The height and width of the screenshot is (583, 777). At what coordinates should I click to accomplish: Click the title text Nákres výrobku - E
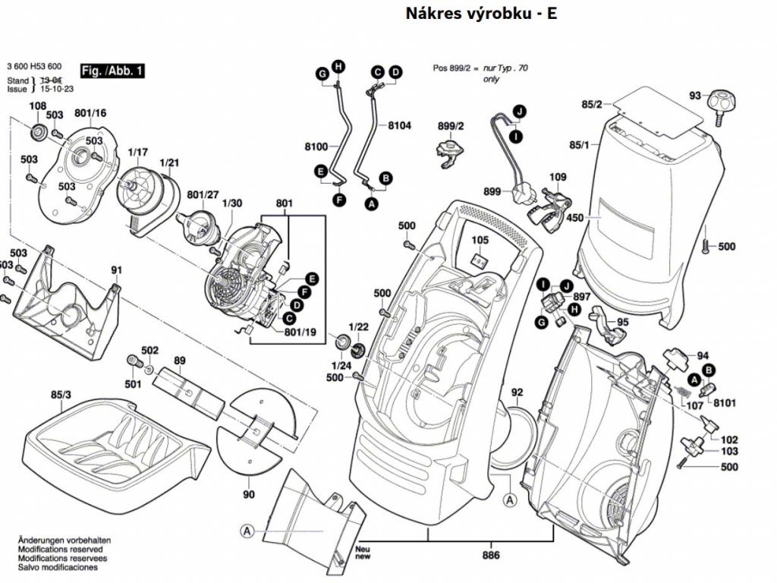pos(481,14)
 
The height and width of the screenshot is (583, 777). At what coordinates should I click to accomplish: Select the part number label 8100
pos(315,146)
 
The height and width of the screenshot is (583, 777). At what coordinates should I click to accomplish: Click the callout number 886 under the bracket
pos(490,555)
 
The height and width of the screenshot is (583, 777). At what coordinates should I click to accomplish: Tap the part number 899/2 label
pos(451,125)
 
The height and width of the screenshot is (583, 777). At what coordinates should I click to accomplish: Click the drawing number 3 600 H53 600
pos(34,66)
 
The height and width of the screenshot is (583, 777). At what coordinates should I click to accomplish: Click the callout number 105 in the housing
pos(480,241)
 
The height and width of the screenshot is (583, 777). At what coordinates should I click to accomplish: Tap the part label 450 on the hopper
pos(574,218)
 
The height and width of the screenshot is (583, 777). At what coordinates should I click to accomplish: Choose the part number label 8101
pos(725,403)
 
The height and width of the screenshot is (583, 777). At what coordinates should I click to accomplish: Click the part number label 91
pos(116,269)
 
